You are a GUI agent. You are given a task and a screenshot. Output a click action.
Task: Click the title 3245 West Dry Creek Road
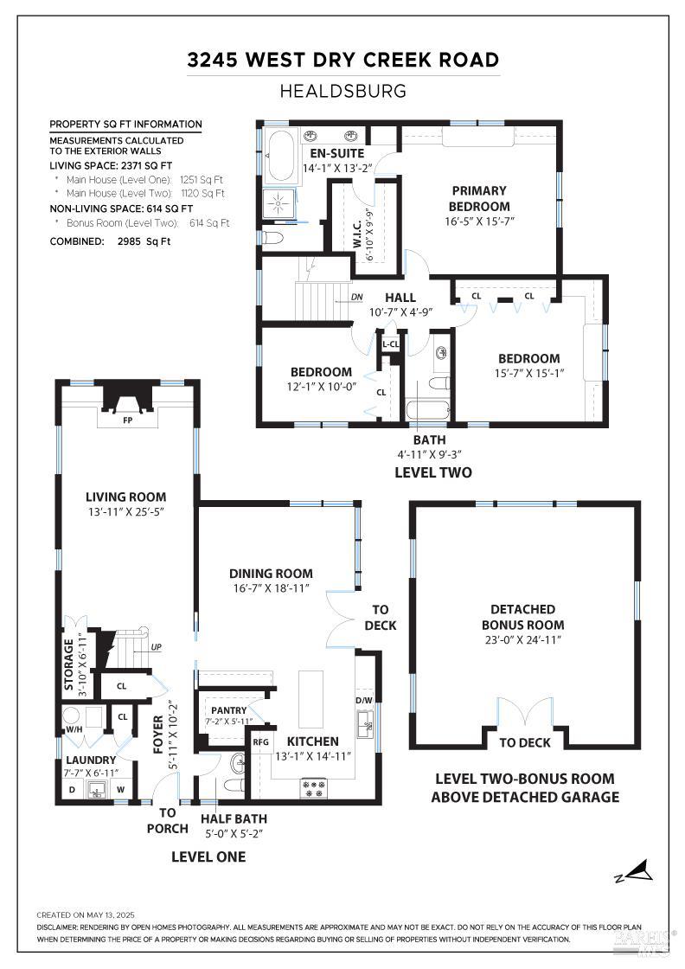[x=343, y=60]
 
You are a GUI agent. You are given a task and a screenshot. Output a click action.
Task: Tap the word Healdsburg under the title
[x=343, y=91]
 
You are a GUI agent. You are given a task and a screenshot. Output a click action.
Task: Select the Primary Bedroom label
[x=478, y=198]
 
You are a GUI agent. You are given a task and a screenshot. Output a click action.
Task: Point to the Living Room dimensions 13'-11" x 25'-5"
[x=125, y=511]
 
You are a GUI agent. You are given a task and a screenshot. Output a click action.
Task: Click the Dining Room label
[x=271, y=573]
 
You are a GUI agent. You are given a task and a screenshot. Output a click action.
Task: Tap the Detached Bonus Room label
[x=522, y=617]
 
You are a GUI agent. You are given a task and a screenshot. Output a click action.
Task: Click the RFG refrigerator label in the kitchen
[x=260, y=741]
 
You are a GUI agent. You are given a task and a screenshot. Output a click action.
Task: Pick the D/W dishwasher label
[x=364, y=700]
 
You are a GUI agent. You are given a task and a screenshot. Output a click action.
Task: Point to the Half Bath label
[x=234, y=818]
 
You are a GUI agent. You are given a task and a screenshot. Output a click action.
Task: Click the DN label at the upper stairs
[x=357, y=297]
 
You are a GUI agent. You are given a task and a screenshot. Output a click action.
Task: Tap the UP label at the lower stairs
[x=156, y=646]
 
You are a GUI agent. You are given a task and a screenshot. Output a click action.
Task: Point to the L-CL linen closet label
[x=390, y=344]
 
